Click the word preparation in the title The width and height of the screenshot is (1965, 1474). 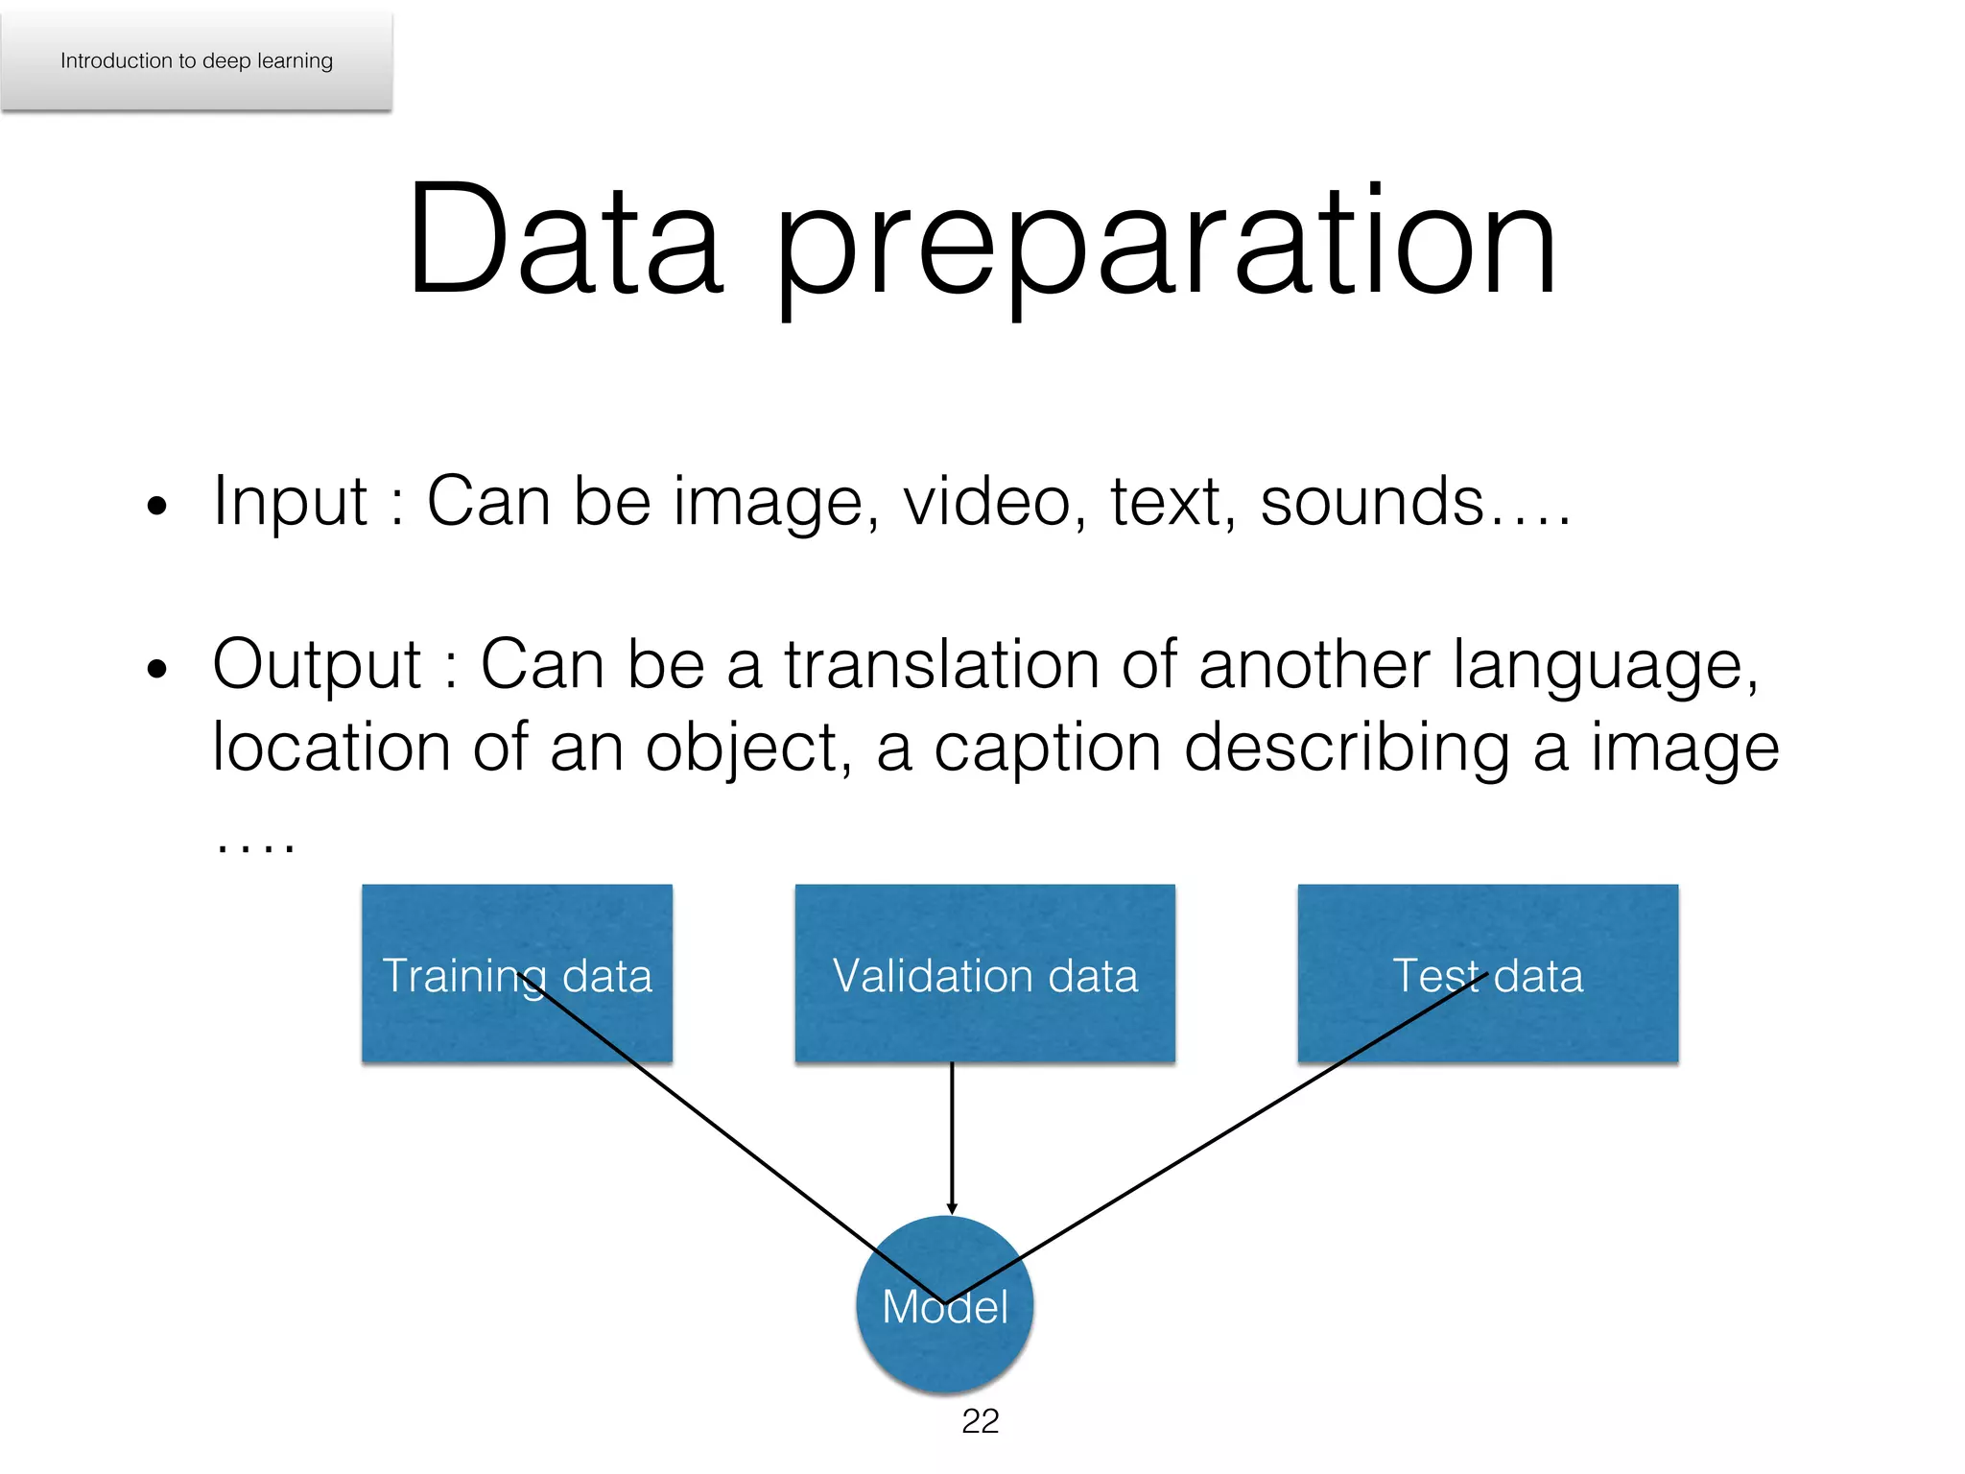(1165, 245)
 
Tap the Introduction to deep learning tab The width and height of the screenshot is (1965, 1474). (197, 60)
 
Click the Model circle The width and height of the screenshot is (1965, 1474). (944, 1343)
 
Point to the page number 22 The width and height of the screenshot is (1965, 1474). (980, 1421)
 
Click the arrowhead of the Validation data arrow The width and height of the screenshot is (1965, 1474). (952, 1209)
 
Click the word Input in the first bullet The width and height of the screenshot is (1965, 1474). (290, 502)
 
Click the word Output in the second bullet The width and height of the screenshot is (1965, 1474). (317, 664)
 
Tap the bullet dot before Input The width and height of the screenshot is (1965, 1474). (157, 506)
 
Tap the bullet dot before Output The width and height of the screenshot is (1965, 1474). (157, 669)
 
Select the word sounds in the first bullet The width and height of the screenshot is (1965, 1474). (1372, 502)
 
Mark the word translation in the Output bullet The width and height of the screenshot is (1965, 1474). (941, 664)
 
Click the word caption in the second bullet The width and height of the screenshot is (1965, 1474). (1047, 749)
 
